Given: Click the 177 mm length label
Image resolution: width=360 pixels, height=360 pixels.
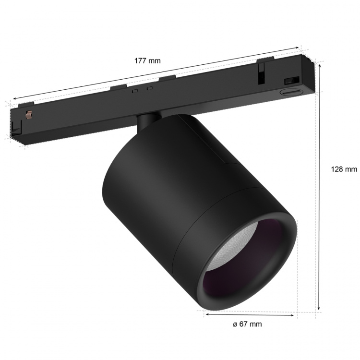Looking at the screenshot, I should [148, 61].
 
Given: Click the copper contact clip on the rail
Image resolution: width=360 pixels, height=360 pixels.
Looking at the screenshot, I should [28, 115].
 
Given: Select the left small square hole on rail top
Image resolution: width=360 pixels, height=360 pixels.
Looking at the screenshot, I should [135, 89].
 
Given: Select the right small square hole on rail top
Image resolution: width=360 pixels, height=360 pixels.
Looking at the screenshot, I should [150, 87].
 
